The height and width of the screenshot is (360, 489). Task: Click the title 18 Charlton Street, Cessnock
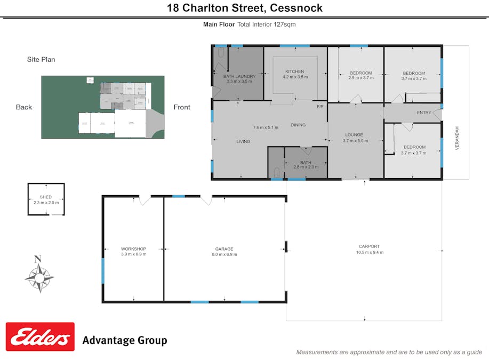tap(244, 8)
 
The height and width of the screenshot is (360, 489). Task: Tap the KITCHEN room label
tap(294, 71)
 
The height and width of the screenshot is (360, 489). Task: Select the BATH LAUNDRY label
tap(239, 76)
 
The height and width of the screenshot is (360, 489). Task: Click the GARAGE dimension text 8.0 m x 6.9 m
tap(224, 254)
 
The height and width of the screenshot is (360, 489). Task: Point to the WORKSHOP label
tap(133, 249)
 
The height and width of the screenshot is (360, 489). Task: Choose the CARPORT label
tap(370, 246)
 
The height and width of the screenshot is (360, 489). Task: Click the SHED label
tap(46, 197)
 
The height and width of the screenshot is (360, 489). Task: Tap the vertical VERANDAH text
tap(457, 138)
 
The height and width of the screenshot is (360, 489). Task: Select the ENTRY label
tap(424, 113)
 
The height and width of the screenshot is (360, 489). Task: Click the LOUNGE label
tap(354, 135)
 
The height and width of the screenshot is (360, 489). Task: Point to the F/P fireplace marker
tap(320, 107)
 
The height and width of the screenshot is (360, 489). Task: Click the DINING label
tap(298, 125)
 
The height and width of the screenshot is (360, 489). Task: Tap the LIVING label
tap(243, 141)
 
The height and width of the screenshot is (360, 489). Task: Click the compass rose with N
tap(39, 276)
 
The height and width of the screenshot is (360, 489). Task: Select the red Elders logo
tap(40, 337)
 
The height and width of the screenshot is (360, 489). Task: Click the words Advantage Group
tap(125, 340)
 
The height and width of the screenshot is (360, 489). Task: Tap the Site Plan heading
tap(41, 60)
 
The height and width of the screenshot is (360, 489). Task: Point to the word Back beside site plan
tap(24, 107)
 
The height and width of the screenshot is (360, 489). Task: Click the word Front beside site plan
tap(182, 107)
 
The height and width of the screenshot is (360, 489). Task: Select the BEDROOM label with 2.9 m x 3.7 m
tap(361, 73)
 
